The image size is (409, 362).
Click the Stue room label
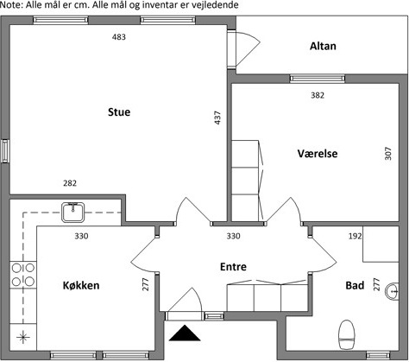(x=119, y=112)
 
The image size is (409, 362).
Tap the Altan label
(x=323, y=46)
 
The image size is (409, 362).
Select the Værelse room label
(x=318, y=154)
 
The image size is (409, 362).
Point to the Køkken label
(x=81, y=285)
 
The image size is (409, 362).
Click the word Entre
(x=233, y=267)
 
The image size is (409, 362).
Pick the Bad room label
(x=355, y=285)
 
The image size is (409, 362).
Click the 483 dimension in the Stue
(x=119, y=37)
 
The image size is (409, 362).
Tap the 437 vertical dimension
(x=217, y=117)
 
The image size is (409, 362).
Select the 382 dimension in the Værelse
(x=318, y=95)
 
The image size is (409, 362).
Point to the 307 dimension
(x=388, y=154)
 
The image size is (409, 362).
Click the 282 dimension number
(x=70, y=183)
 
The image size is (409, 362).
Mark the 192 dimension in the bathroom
(x=355, y=236)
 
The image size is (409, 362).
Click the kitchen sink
(x=73, y=213)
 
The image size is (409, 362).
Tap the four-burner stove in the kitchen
(x=23, y=275)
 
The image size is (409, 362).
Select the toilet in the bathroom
(x=347, y=334)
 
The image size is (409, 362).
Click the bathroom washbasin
(x=392, y=291)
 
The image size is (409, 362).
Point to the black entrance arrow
(x=185, y=333)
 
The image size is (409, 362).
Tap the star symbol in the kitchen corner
(x=23, y=337)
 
